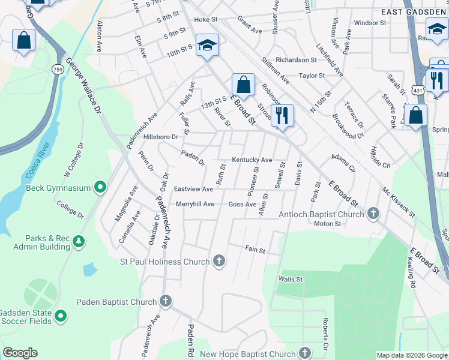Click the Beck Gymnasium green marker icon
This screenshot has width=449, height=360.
click(x=101, y=188)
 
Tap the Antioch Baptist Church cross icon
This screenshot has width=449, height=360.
click(x=373, y=214)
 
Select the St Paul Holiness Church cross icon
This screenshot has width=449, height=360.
click(x=220, y=261)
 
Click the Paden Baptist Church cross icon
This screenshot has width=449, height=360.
click(x=166, y=302)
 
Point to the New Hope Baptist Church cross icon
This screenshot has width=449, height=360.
click(x=306, y=353)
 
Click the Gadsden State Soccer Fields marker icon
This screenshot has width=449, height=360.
click(x=61, y=315)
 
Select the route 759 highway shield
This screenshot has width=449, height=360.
click(x=58, y=70)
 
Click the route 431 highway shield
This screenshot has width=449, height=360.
click(x=419, y=89)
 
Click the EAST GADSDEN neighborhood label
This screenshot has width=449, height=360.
click(x=415, y=11)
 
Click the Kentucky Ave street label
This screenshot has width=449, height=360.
click(x=252, y=160)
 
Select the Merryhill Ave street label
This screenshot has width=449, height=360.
click(x=194, y=204)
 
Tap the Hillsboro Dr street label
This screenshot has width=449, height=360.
click(x=161, y=137)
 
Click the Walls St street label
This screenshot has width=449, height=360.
click(x=291, y=279)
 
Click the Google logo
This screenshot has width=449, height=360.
click(x=20, y=353)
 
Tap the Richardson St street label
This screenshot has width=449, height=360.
click(x=297, y=60)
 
